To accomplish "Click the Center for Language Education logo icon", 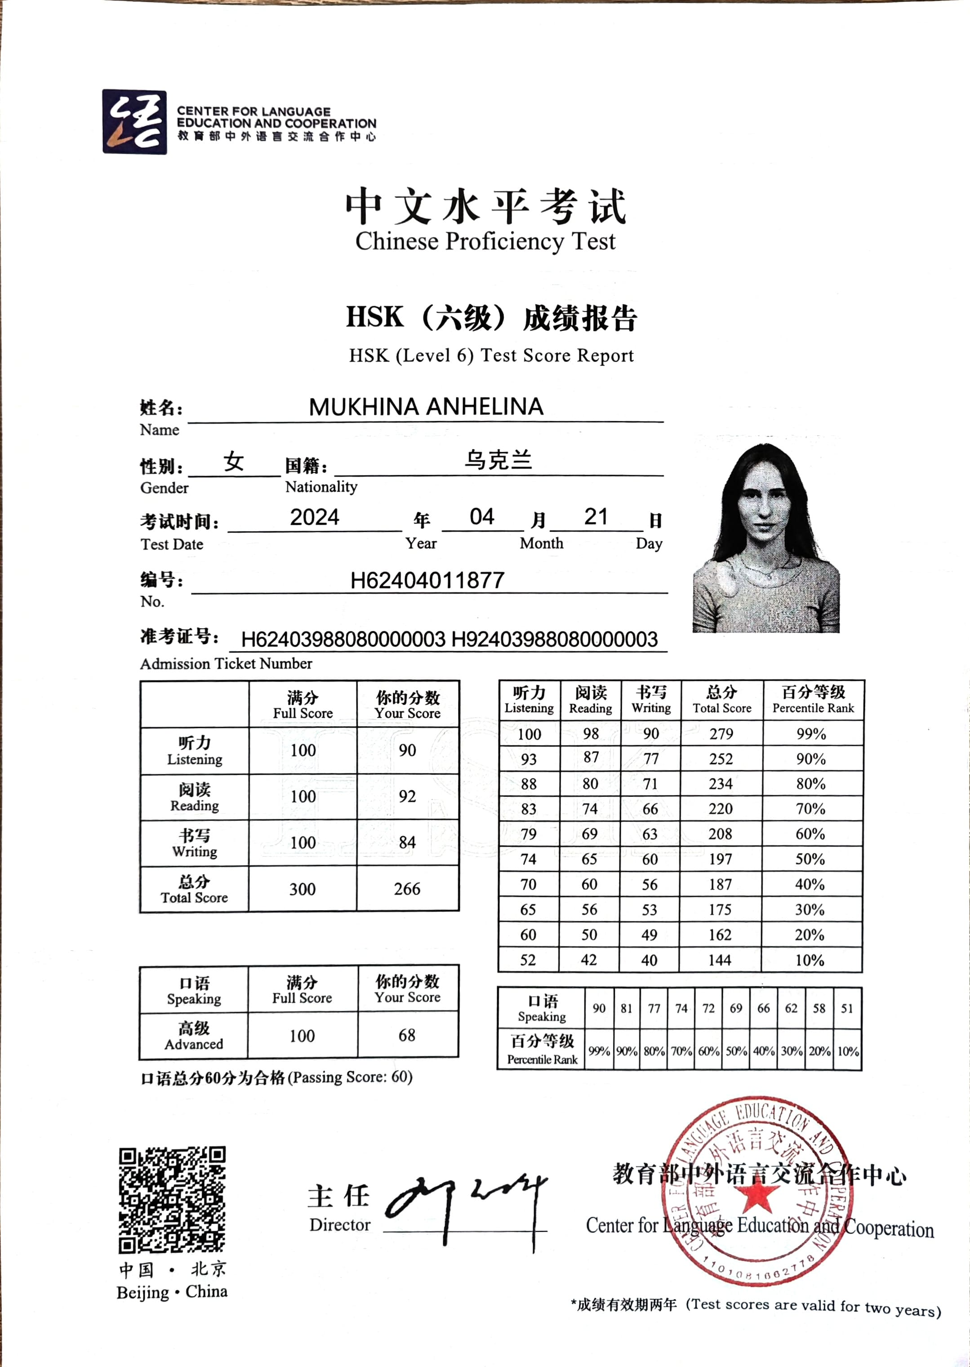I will tap(134, 122).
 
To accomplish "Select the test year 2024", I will tap(315, 517).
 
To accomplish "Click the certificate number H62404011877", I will tap(427, 580).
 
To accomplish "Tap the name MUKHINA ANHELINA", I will tap(426, 407).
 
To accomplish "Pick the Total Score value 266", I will tap(407, 889).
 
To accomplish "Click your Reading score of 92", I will tap(407, 796).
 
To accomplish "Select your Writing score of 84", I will tap(407, 842).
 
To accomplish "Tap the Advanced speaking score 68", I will tap(407, 1036).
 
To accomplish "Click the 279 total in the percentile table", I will tap(721, 734).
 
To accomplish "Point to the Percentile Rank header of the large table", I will tap(813, 700).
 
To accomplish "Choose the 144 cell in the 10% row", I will tap(720, 960).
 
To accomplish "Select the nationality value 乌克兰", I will tap(498, 460).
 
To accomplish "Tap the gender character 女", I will tap(234, 462).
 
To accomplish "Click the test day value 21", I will tap(596, 517).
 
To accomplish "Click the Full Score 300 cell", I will tap(302, 889).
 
